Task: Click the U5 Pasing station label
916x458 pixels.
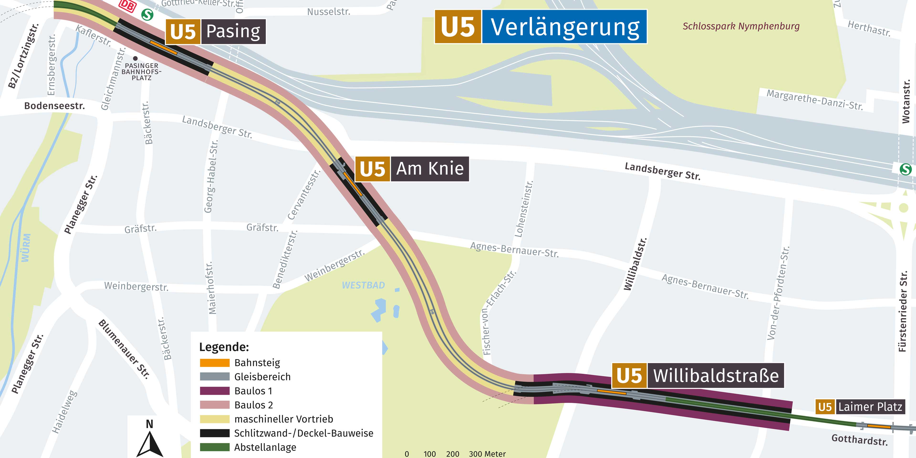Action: coord(215,32)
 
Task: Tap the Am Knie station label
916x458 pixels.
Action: coord(412,169)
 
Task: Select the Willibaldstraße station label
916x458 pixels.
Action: coord(698,375)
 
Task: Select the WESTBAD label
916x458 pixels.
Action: coord(363,285)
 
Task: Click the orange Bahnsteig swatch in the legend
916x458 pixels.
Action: coord(214,363)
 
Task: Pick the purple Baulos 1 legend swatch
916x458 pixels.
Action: coord(214,391)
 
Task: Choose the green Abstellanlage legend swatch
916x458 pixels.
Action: coord(214,447)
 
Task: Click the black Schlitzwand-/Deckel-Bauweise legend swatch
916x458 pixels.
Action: coord(214,433)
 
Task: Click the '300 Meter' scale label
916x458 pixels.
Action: coord(487,454)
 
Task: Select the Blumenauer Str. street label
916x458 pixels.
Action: coord(124,349)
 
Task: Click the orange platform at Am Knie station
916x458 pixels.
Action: coord(353,184)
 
